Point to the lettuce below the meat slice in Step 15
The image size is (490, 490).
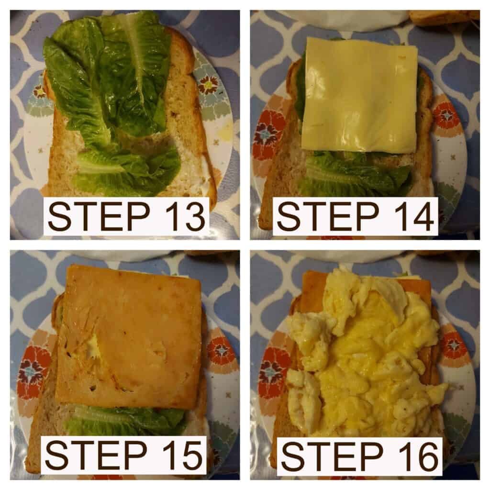(x=125, y=420)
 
